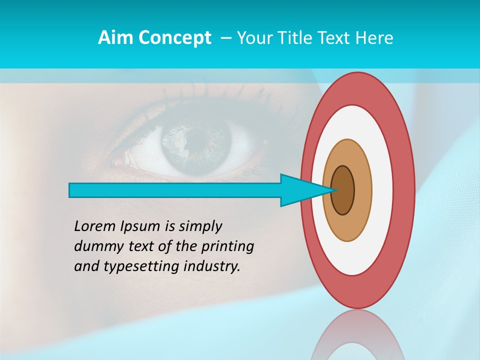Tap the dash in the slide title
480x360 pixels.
tap(225, 38)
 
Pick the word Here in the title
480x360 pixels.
tap(375, 38)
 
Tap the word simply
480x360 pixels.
tap(200, 227)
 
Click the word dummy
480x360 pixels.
tap(96, 246)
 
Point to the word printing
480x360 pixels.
tap(227, 247)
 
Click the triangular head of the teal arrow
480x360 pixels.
tap(300, 190)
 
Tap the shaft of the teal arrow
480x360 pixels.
tap(175, 190)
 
